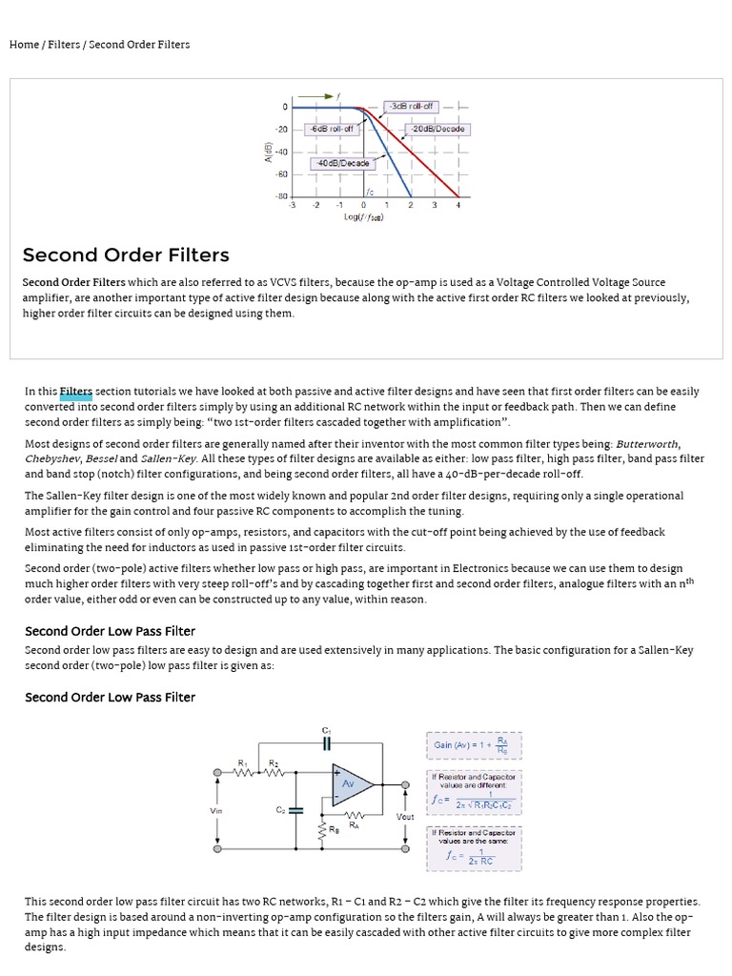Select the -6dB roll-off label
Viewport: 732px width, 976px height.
tap(331, 129)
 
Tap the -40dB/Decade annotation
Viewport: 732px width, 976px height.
tap(343, 163)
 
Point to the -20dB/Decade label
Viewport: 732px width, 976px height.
tap(438, 129)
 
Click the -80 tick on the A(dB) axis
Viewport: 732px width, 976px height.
tap(281, 197)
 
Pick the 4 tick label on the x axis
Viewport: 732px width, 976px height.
tap(457, 205)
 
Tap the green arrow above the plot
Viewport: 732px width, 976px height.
tap(314, 96)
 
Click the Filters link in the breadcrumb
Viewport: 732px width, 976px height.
tap(65, 45)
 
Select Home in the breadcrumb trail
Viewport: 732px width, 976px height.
tap(24, 45)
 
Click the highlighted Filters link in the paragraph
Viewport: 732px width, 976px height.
tap(76, 391)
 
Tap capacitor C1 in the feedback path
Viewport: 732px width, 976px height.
tap(326, 742)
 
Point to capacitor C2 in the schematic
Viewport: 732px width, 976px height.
tap(295, 810)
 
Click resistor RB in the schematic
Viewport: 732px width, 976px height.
tap(321, 829)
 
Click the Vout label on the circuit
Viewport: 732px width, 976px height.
tap(405, 817)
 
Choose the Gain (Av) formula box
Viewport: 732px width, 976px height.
tap(473, 746)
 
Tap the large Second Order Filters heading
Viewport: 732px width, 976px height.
tap(126, 255)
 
